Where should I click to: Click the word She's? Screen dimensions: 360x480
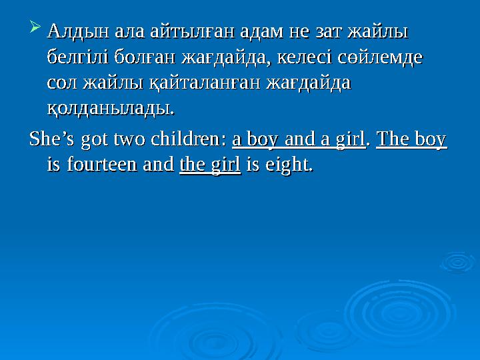[x=53, y=139]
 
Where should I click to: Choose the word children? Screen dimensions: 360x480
[x=189, y=139]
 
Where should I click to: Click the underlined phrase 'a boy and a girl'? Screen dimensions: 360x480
[x=298, y=139]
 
